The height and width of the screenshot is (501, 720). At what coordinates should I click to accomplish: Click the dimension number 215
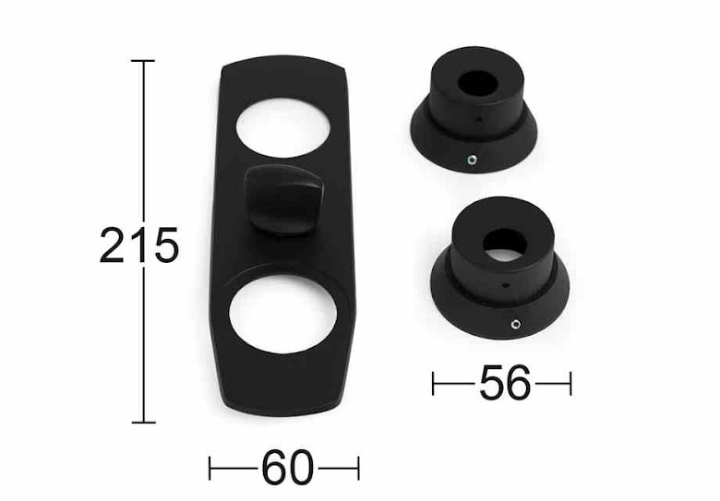[x=138, y=245]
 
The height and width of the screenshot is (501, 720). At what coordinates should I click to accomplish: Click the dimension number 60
[x=288, y=468]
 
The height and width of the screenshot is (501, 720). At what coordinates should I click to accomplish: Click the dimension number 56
[x=505, y=382]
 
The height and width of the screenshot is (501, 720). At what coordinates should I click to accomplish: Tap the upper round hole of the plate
[x=282, y=127]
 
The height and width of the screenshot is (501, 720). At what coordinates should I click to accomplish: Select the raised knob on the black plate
[x=283, y=199]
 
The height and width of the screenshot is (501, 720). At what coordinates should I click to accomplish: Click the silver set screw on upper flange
[x=472, y=160]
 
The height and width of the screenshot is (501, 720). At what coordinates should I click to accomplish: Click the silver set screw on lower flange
[x=515, y=325]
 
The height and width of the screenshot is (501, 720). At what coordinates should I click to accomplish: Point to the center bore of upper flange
[x=477, y=83]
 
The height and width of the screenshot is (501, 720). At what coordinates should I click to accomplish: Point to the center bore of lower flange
[x=504, y=245]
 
